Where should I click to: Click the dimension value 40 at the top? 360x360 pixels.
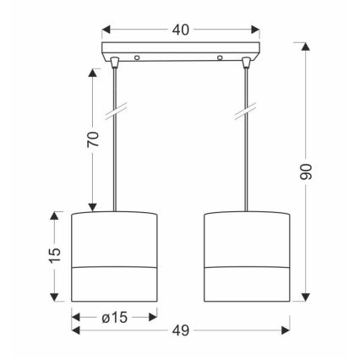[179, 30]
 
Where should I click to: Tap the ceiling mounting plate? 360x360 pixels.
[179, 51]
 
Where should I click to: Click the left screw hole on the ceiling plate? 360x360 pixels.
[137, 58]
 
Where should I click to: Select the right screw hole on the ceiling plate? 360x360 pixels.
[222, 58]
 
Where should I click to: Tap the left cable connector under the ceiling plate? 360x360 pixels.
[114, 63]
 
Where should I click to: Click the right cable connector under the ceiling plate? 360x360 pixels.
[246, 63]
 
